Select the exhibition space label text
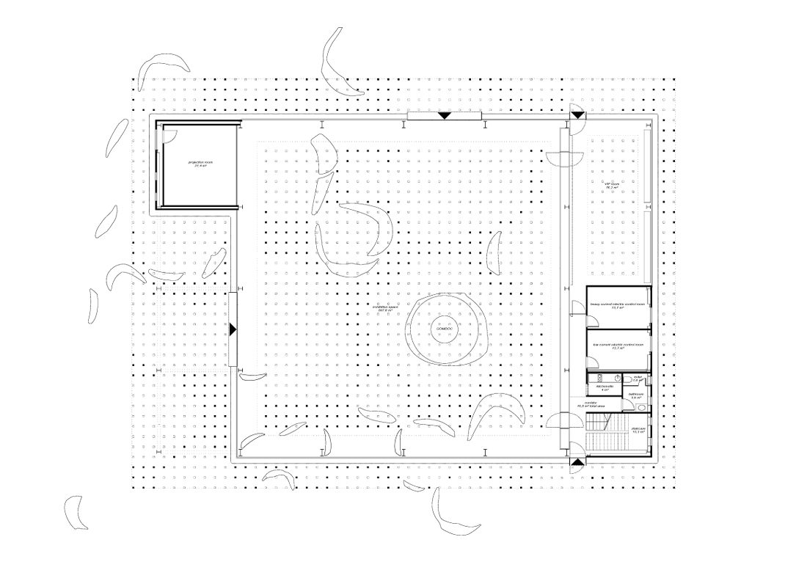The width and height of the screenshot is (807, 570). coord(382,307)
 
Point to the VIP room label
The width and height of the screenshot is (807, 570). coord(610,185)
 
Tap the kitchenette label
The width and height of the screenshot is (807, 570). coord(605,387)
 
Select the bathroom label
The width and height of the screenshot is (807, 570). coord(635,395)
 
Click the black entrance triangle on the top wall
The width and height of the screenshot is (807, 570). coord(444,116)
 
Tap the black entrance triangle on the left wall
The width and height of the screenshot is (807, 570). coord(233,329)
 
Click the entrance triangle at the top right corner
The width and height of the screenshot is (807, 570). coord(577,115)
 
